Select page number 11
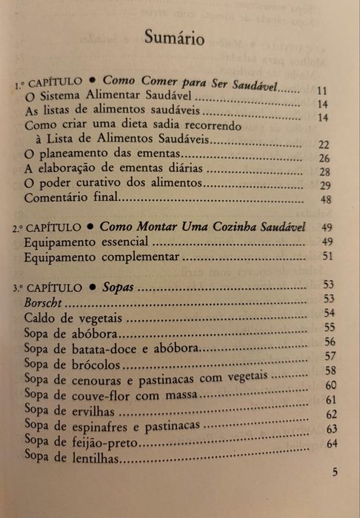coord(322,91)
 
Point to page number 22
coord(323,145)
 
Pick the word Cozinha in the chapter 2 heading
coord(220,226)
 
